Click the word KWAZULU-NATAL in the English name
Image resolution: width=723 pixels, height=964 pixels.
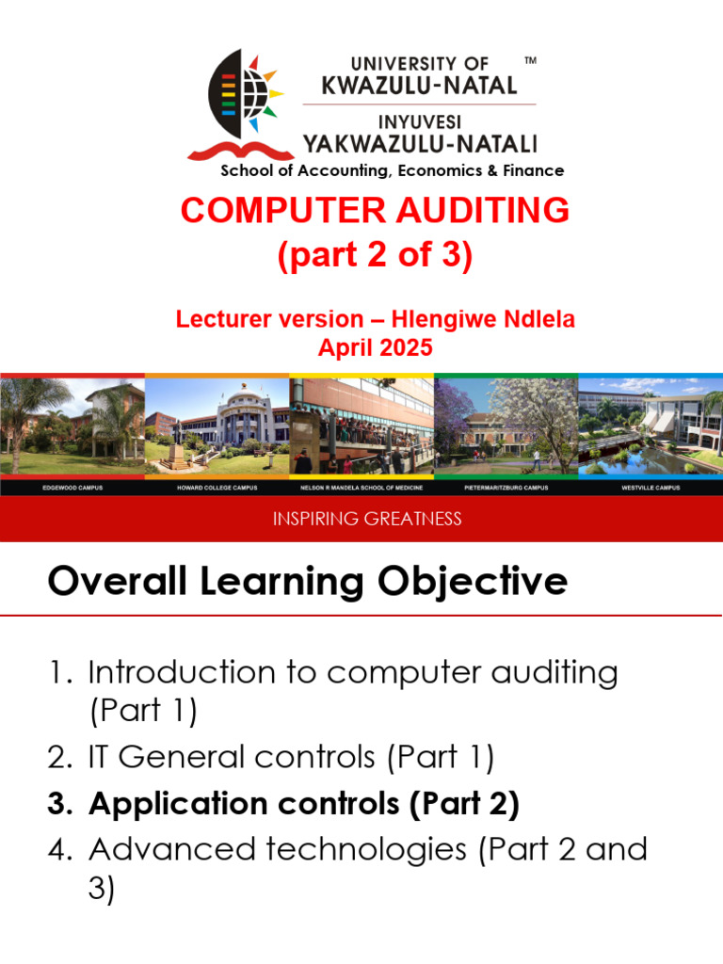pyautogui.click(x=419, y=86)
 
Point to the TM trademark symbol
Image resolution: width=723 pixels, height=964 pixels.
pyautogui.click(x=530, y=61)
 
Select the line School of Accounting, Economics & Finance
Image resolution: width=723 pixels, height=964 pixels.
pyautogui.click(x=392, y=170)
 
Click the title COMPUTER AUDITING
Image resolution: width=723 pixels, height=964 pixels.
pyautogui.click(x=375, y=211)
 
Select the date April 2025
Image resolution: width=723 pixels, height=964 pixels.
pyautogui.click(x=375, y=347)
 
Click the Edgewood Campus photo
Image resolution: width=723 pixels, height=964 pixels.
pyautogui.click(x=72, y=426)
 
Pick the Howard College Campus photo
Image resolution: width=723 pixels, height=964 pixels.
pyautogui.click(x=217, y=426)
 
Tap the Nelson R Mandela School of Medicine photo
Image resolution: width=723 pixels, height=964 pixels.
pyautogui.click(x=361, y=426)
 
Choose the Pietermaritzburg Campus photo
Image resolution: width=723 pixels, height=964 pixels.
pyautogui.click(x=506, y=426)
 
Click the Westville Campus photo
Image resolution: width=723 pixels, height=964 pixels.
pyautogui.click(x=651, y=426)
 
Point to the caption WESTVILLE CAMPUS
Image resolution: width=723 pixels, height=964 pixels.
pyautogui.click(x=651, y=489)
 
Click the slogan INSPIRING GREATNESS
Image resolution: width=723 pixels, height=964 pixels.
pyautogui.click(x=367, y=519)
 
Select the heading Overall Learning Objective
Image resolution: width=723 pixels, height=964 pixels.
pyautogui.click(x=307, y=582)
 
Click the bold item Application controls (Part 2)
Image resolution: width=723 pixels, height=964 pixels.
pyautogui.click(x=303, y=804)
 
